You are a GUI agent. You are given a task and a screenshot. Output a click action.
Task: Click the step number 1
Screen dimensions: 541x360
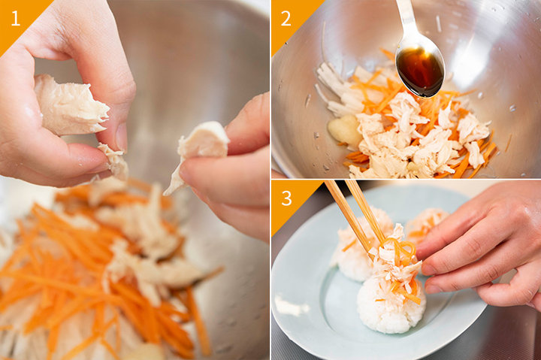pos(15,19)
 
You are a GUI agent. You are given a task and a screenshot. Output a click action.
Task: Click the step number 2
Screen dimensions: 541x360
pos(286,19)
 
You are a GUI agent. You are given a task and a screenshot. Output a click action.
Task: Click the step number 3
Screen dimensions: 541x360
pos(286,198)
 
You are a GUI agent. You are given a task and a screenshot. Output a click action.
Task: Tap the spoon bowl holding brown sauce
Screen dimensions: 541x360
pos(420,71)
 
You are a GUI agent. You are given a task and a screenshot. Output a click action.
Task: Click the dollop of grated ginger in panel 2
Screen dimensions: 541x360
pos(344,129)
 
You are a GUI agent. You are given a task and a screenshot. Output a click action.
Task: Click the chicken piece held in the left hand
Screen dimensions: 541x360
pos(71,105)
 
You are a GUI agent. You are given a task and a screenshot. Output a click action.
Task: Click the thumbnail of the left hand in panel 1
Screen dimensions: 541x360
pos(122,137)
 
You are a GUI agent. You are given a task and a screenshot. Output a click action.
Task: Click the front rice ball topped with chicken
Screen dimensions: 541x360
pos(391,304)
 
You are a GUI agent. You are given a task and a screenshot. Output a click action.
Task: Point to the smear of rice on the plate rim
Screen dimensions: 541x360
pos(291,306)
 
